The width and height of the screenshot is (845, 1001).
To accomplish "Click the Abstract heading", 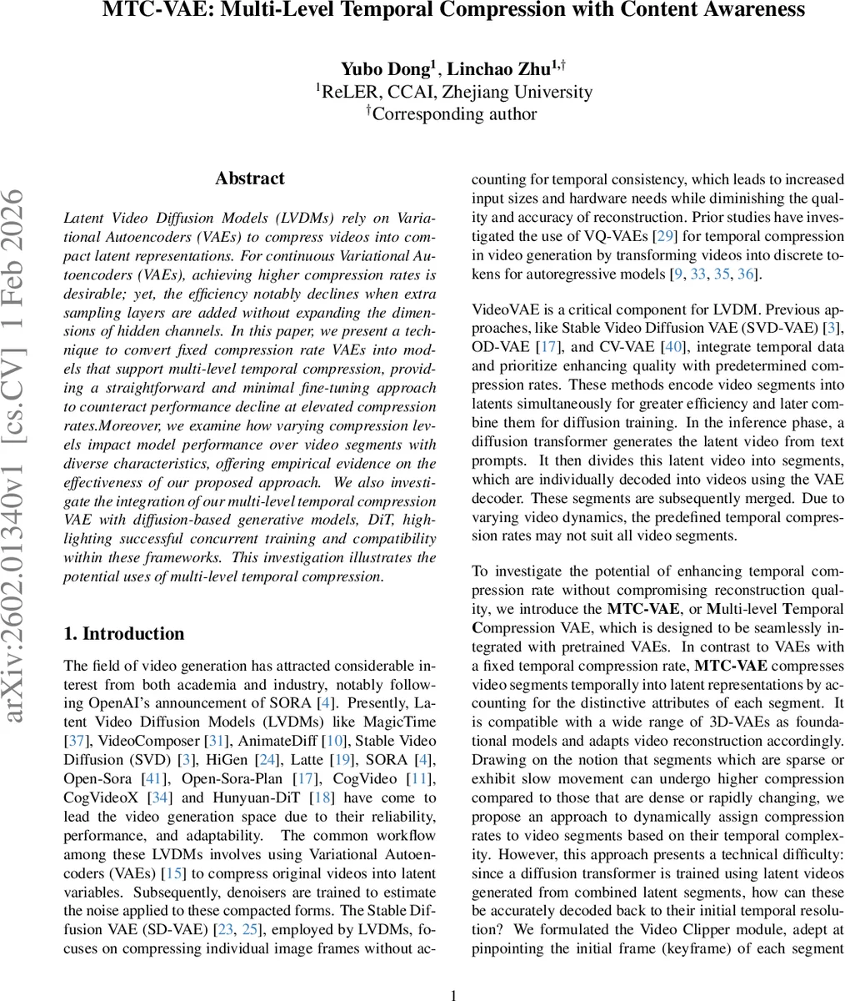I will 249,179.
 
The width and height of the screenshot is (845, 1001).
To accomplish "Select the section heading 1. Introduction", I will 124,634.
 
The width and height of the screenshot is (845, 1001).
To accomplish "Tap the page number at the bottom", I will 454,994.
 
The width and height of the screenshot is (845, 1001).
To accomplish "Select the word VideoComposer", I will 135,741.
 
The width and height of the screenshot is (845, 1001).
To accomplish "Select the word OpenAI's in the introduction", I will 159,702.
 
